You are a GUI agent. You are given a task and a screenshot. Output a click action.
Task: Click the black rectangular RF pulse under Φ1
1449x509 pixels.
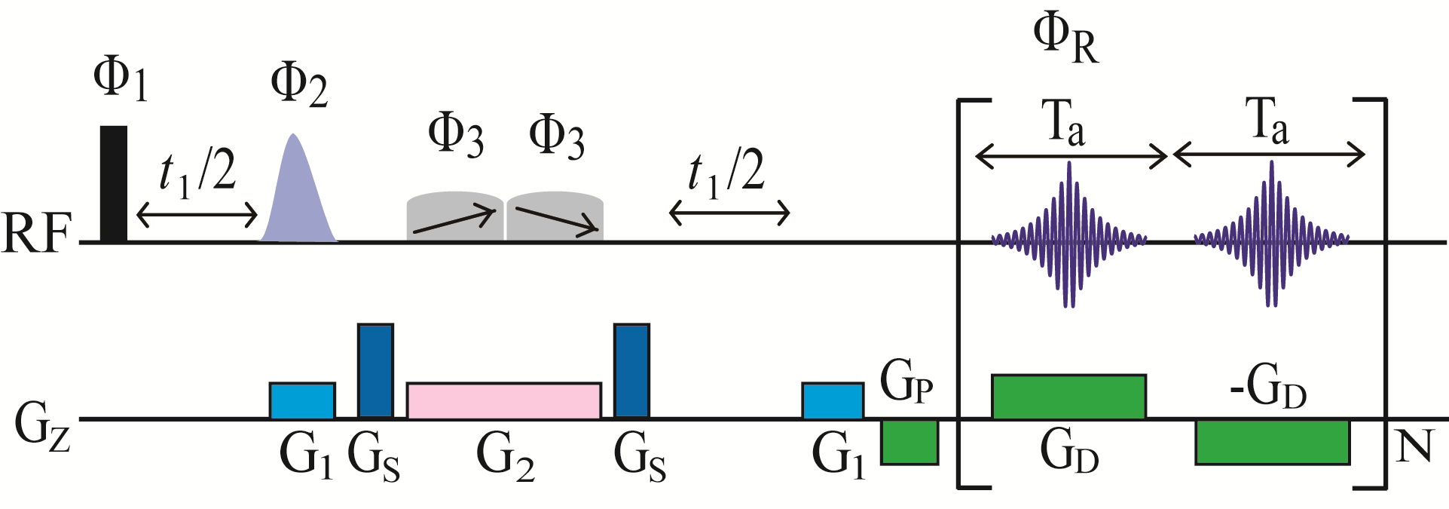pos(114,184)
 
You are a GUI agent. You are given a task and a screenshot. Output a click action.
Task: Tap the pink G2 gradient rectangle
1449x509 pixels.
pos(503,400)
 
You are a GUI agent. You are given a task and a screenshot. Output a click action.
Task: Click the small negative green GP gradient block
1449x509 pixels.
pos(909,442)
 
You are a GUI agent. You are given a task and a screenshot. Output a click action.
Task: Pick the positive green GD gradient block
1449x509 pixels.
pos(1068,397)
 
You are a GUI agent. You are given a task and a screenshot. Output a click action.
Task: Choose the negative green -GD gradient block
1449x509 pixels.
pos(1272,442)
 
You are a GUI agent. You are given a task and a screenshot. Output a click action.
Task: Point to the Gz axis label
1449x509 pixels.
pos(42,427)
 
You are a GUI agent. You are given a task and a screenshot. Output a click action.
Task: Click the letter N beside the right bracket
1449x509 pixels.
pos(1414,446)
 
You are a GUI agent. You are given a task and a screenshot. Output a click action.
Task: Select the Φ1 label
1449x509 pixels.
pos(120,79)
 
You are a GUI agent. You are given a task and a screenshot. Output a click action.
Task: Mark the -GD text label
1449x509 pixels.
pos(1267,388)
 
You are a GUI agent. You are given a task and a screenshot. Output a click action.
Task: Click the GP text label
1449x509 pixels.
pos(906,383)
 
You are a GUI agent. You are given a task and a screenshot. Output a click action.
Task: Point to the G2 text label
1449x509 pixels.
pos(505,457)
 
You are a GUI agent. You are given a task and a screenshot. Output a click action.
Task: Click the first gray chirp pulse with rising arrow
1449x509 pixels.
pos(454,216)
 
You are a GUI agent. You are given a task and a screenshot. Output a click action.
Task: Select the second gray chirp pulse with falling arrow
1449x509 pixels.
pos(555,216)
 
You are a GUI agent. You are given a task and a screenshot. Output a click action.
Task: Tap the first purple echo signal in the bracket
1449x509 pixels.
pos(1068,235)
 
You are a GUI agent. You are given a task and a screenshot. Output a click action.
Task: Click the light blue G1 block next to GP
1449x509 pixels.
pos(832,400)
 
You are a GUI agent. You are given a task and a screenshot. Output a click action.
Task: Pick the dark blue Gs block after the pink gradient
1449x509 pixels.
pos(631,370)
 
